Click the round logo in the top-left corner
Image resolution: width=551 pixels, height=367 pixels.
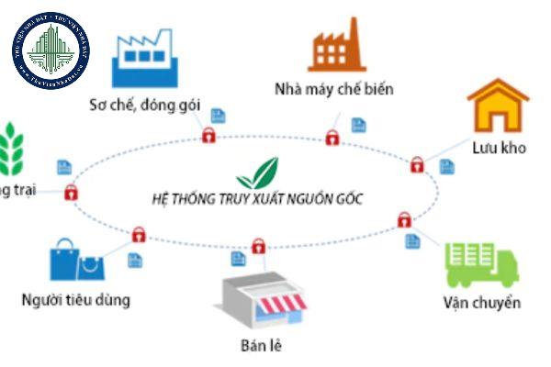[51, 50]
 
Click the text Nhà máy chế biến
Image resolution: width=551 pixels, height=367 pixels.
[333, 89]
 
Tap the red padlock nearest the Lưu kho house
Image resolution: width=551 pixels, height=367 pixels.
[417, 165]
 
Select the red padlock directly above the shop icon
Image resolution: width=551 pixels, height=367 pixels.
[259, 246]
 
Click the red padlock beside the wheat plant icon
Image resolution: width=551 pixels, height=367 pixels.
[71, 193]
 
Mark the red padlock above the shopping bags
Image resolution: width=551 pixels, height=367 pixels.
[138, 234]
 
